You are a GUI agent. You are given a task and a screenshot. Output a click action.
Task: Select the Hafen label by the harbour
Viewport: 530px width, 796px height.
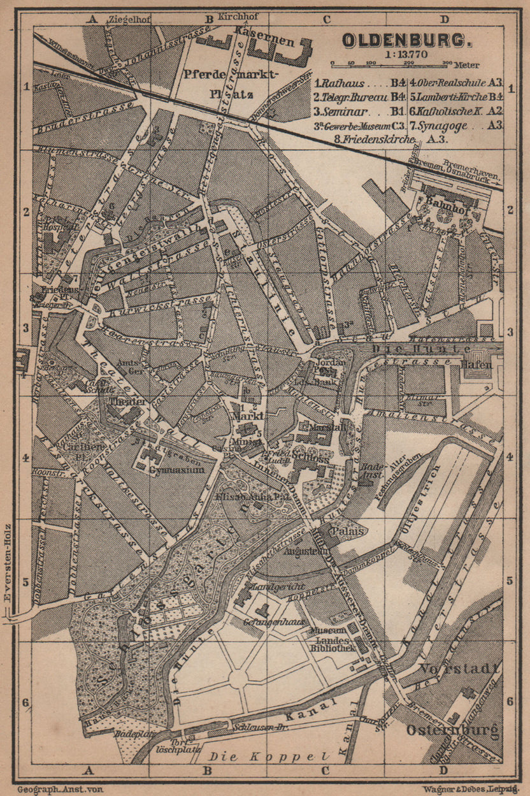(483, 365)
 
